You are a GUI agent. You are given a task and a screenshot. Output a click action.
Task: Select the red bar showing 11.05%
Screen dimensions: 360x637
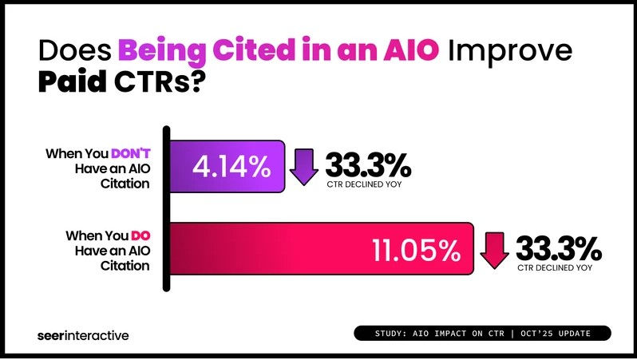pos(319,250)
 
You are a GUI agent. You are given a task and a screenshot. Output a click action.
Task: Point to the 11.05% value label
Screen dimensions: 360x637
pos(416,250)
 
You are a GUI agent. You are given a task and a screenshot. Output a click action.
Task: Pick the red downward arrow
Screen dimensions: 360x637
pos(493,250)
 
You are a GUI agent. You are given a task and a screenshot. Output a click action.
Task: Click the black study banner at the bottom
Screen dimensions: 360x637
pos(482,333)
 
